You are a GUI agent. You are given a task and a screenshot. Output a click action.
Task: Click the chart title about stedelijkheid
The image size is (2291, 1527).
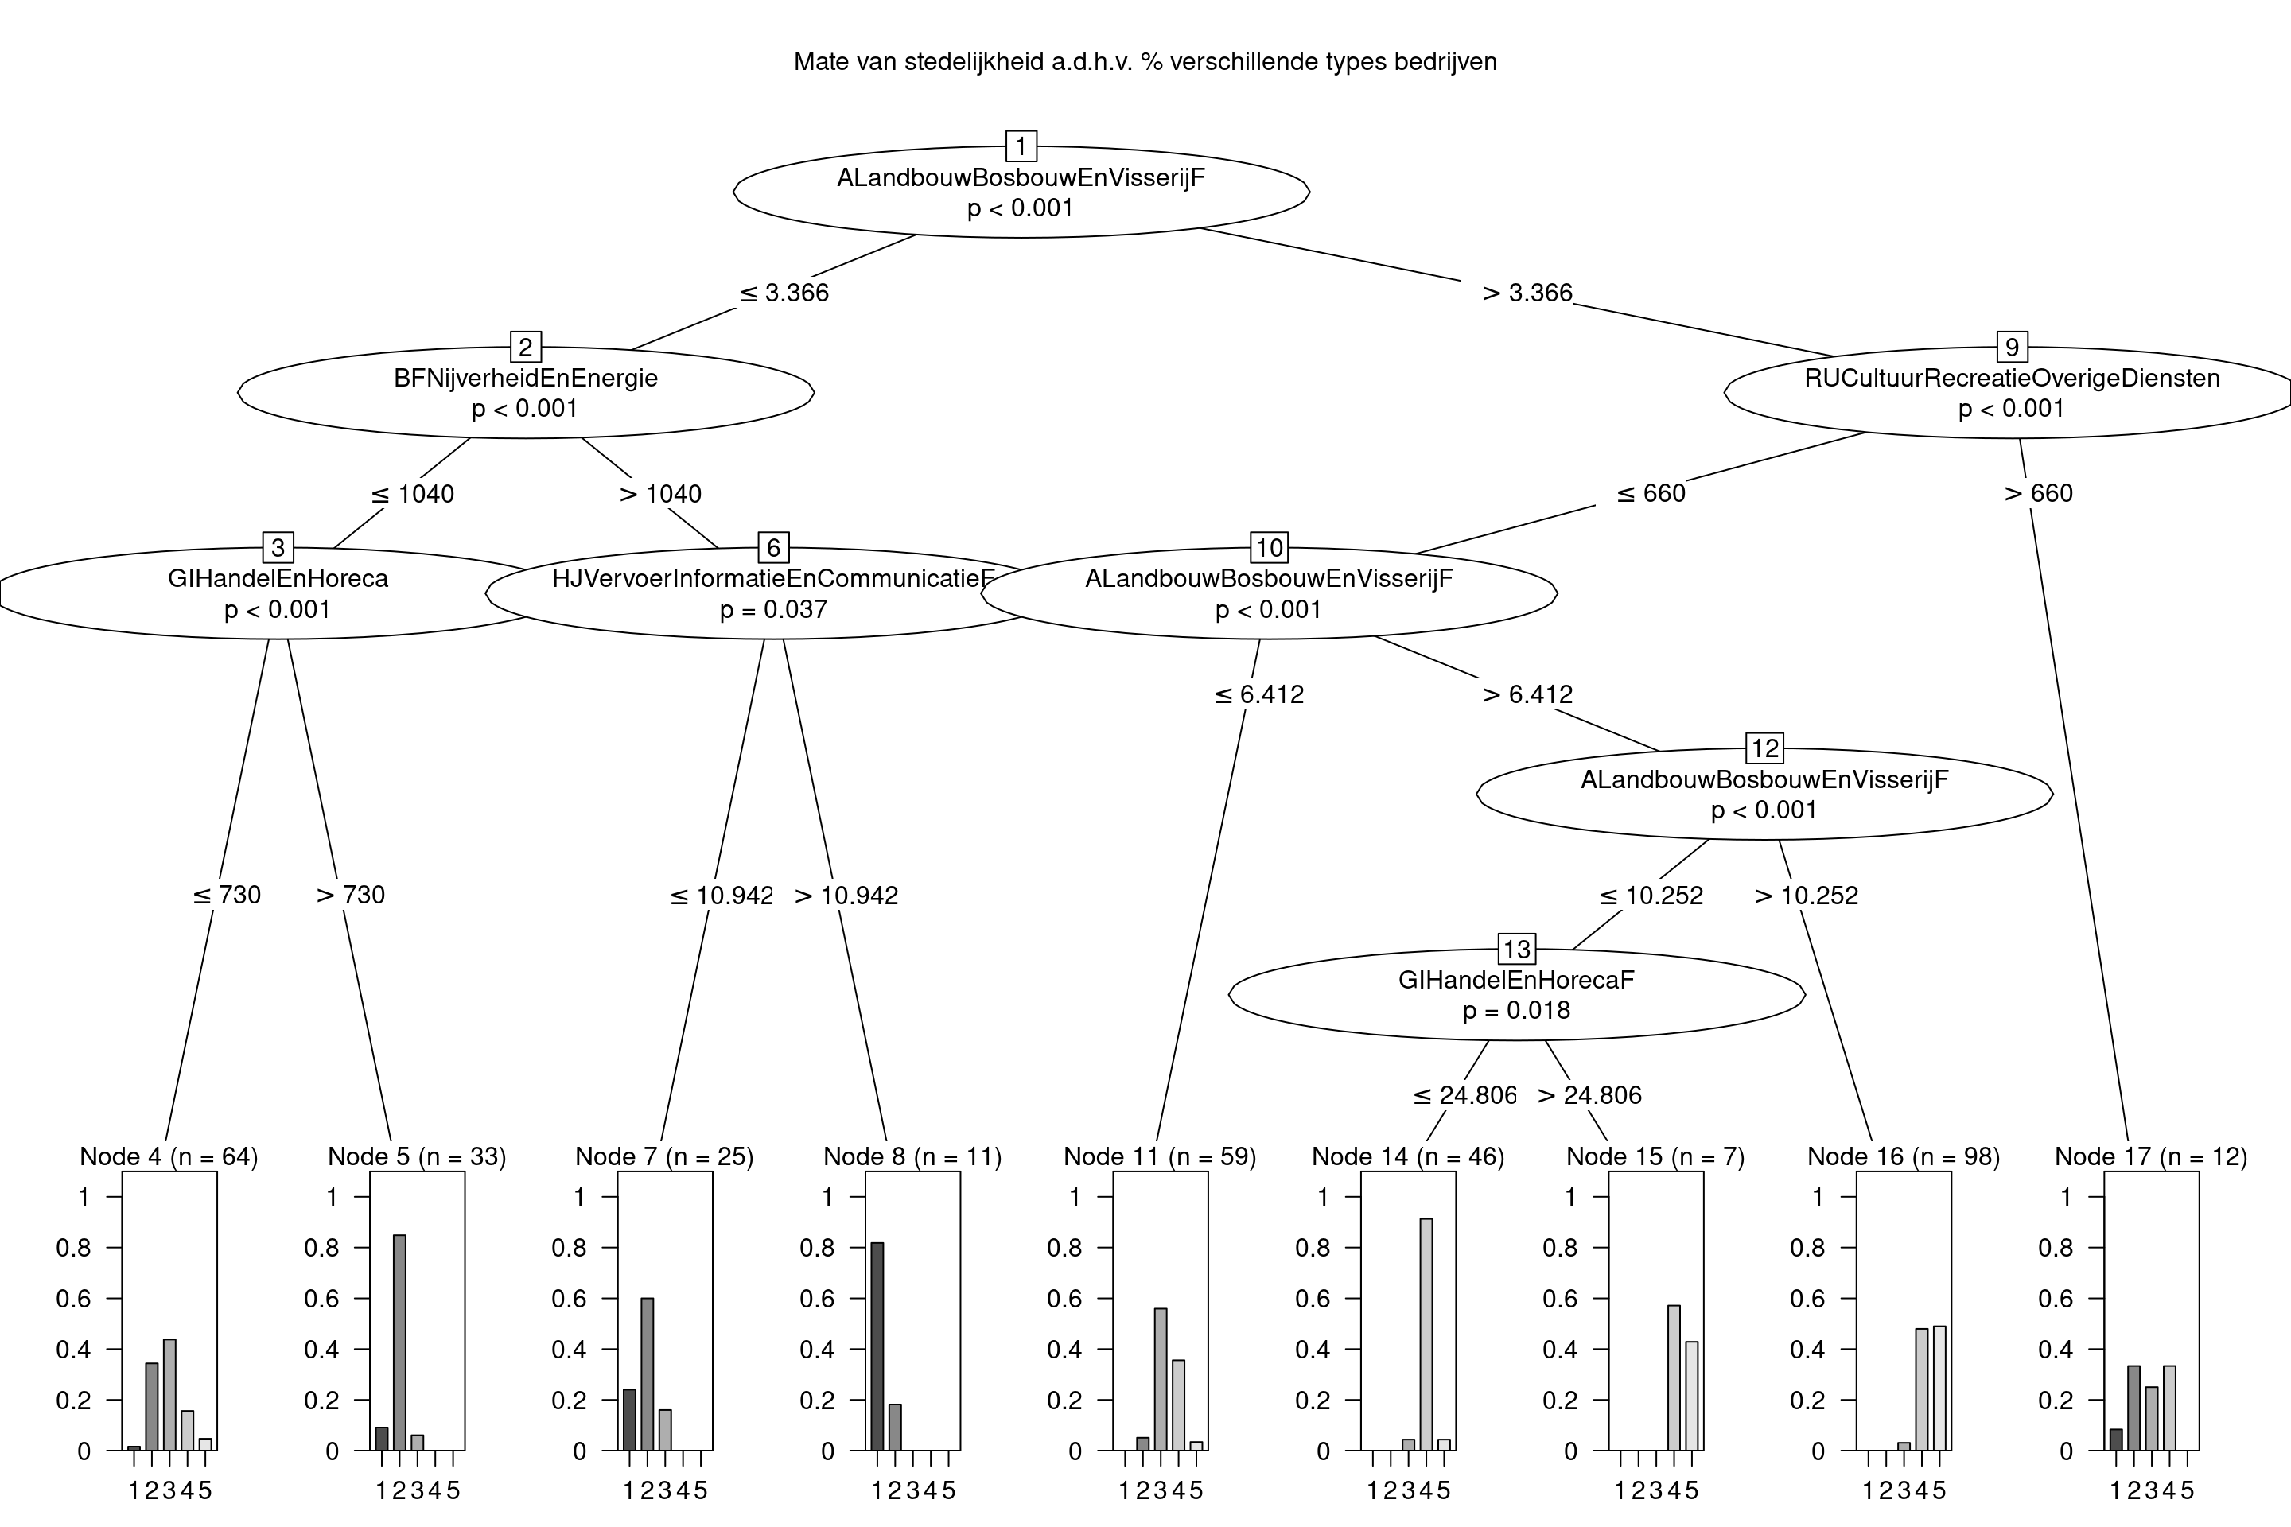point(1145,62)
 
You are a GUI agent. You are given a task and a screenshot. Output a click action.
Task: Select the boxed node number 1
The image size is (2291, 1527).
point(1021,147)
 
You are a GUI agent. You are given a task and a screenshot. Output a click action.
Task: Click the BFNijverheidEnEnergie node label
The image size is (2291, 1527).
point(525,378)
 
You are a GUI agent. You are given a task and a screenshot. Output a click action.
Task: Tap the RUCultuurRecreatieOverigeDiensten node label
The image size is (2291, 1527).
point(2012,378)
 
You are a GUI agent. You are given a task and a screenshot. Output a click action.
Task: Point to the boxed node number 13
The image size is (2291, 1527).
point(1517,949)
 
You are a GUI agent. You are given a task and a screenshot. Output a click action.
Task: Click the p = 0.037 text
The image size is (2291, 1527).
point(773,610)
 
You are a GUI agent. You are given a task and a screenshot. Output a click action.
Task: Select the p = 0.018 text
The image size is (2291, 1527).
point(1517,1010)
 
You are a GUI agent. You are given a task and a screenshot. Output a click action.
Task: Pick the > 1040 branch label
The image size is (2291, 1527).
point(660,494)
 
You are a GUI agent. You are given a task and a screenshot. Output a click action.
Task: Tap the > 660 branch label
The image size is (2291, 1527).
point(2039,494)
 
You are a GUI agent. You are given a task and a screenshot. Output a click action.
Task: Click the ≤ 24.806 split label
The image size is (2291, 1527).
point(1465,1096)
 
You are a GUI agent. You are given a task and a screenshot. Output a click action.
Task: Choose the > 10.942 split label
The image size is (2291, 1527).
point(846,895)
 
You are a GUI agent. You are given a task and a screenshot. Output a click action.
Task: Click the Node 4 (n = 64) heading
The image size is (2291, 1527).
point(169,1157)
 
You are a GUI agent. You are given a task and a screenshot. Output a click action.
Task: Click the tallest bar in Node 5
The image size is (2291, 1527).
point(399,1342)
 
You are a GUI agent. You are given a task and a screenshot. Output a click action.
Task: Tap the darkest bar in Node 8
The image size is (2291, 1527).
point(877,1346)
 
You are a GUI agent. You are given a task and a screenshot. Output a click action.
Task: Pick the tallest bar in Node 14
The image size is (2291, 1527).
point(1426,1335)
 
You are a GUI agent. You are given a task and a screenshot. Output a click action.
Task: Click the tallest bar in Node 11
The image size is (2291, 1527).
point(1160,1379)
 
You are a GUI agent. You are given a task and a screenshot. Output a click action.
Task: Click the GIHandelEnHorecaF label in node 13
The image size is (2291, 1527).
point(1517,980)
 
